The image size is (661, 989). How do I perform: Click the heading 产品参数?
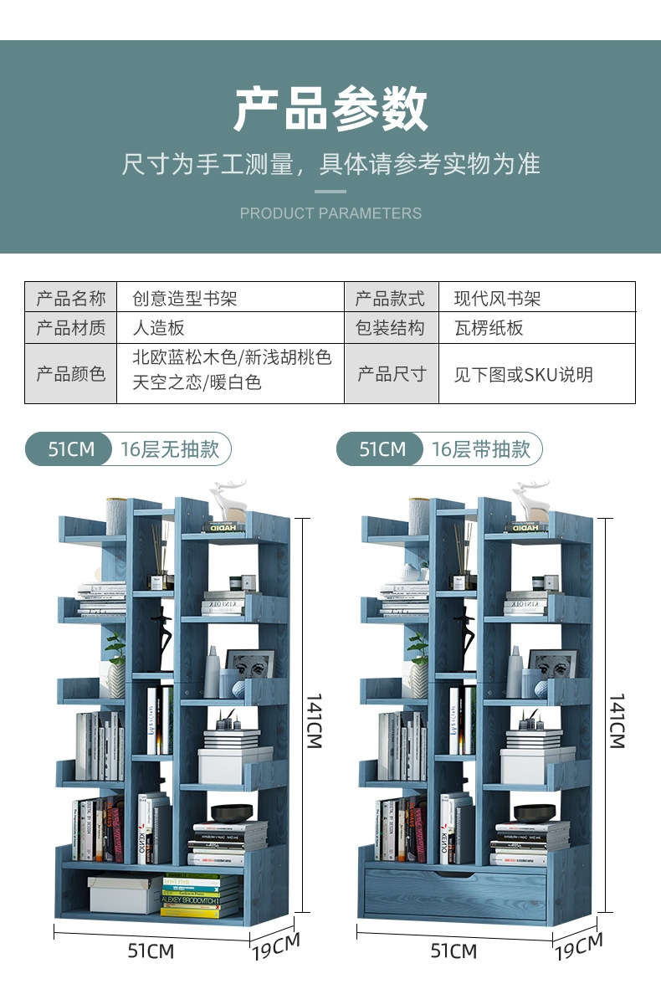[330, 110]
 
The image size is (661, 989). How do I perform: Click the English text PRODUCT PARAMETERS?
[330, 213]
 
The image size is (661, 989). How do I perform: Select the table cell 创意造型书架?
[185, 298]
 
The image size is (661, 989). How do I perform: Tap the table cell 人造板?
[159, 328]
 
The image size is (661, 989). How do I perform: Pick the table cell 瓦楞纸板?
[489, 328]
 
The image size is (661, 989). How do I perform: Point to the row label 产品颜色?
[71, 373]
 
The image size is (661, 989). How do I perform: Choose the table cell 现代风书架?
[498, 298]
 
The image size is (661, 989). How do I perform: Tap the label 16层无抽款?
[170, 449]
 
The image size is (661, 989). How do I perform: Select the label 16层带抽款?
[481, 449]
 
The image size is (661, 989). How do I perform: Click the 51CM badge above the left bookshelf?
[70, 449]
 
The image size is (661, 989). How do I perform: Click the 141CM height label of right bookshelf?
[617, 720]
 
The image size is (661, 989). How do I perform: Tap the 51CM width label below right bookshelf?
[453, 951]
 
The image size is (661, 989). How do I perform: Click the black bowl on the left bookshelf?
[231, 812]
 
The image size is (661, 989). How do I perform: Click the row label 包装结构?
[390, 328]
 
